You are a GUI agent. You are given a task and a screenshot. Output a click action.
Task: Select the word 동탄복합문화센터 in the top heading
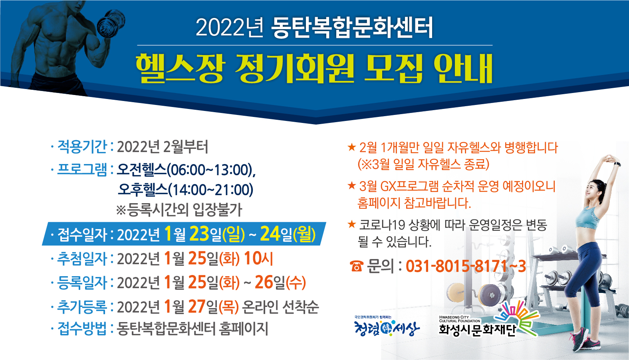point(352,28)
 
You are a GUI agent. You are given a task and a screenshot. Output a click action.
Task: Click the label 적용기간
point(82,146)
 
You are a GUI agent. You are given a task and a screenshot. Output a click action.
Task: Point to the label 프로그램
point(82,169)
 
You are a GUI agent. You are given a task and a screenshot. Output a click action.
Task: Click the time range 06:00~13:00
point(209,170)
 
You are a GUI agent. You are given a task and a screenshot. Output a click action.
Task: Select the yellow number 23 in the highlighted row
point(200,233)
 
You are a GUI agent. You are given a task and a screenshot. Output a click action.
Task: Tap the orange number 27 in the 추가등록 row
point(196,306)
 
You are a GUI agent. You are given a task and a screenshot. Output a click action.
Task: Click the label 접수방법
point(82,328)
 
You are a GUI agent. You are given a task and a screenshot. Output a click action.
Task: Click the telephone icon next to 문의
point(357,266)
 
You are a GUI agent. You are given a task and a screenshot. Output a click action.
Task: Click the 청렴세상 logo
point(387,326)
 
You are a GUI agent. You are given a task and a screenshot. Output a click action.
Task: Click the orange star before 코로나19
point(351,224)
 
